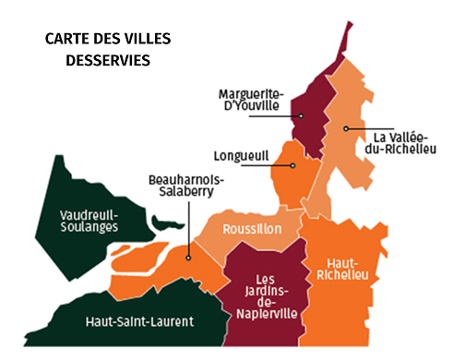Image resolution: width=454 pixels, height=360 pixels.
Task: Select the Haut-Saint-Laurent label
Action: (139, 321)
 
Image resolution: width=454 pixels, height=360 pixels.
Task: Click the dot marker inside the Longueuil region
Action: (293, 165)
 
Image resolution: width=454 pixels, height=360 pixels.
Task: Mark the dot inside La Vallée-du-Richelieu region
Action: (346, 128)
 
